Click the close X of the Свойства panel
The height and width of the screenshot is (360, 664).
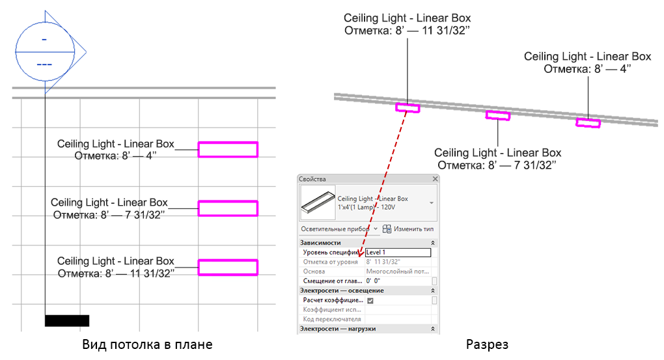point(435,179)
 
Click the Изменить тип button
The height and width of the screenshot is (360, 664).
point(408,229)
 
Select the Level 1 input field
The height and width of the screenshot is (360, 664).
point(398,253)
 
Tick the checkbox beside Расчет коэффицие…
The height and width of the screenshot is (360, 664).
point(370,301)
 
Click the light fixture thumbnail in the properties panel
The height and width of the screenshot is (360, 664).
point(317,203)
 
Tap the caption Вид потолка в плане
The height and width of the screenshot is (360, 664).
point(147,344)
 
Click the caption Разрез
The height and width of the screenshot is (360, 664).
point(487,344)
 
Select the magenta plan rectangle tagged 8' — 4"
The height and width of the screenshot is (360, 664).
point(228,150)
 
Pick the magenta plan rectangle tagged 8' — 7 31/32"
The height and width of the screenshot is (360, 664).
point(228,208)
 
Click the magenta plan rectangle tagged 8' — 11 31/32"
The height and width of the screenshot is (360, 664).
point(228,268)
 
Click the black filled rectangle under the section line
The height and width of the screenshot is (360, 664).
point(66,320)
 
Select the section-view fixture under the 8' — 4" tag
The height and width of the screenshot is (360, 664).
point(588,122)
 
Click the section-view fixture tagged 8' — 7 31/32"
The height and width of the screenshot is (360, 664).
point(498,115)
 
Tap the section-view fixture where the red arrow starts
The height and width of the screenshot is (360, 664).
point(408,107)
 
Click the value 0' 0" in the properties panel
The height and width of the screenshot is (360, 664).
point(374,281)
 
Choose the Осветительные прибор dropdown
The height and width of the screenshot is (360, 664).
point(338,229)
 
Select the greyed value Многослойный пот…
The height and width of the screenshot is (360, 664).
point(397,271)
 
